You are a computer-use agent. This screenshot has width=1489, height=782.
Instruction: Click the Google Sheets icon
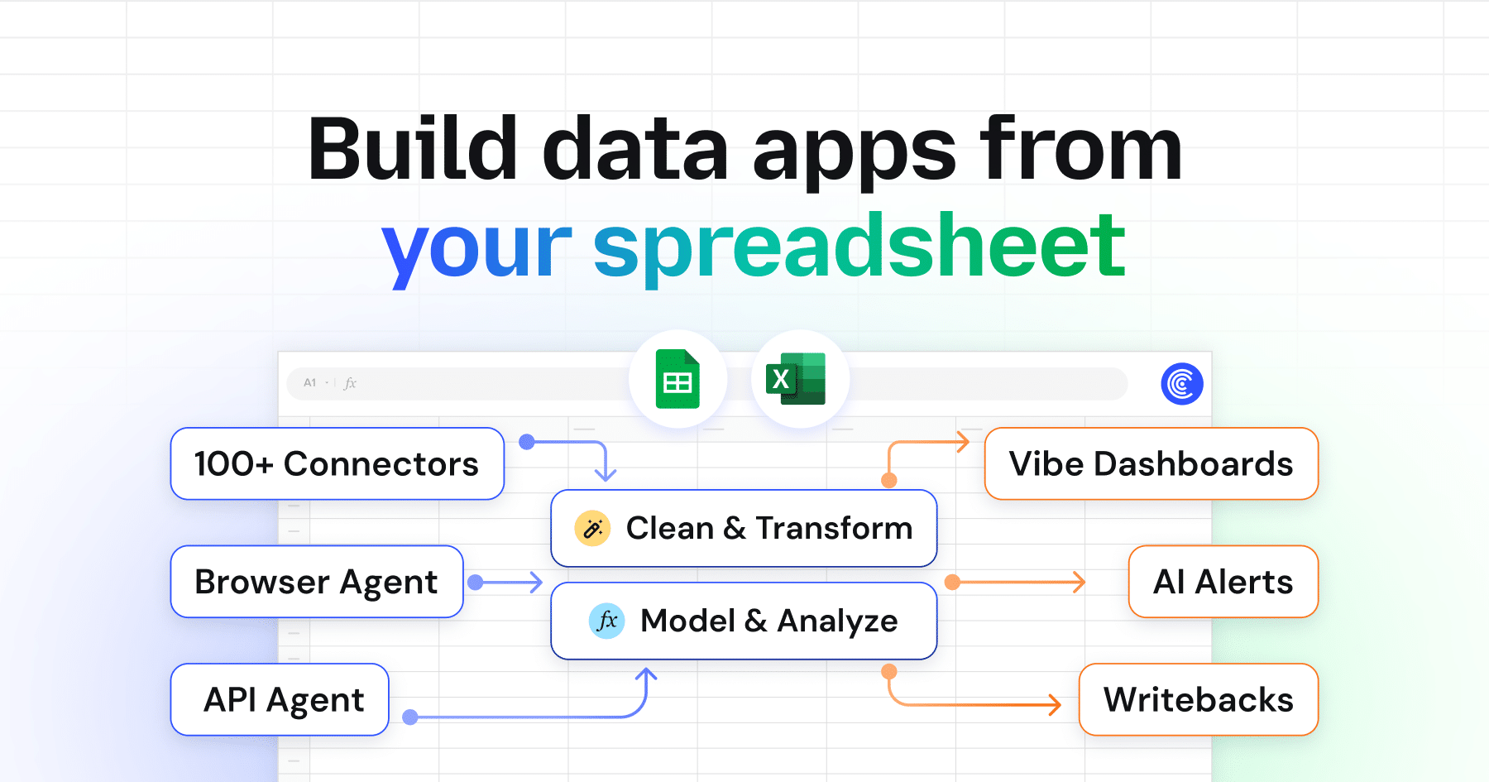(x=677, y=379)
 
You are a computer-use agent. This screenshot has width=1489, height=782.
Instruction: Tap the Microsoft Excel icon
(x=796, y=379)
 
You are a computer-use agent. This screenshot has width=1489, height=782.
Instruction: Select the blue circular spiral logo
(x=1182, y=383)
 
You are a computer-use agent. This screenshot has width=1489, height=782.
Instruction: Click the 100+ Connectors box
(x=338, y=463)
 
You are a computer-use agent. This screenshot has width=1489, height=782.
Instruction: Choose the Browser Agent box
(x=317, y=581)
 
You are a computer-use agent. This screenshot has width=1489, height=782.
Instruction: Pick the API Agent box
(x=280, y=699)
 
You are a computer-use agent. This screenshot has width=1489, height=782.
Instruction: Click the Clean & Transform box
(x=744, y=528)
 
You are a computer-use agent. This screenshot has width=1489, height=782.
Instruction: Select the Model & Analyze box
(x=744, y=621)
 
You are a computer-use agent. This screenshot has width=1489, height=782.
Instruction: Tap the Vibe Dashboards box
(x=1151, y=463)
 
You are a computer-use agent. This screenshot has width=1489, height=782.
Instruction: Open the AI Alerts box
(x=1223, y=581)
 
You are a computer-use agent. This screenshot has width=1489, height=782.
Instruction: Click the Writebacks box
(x=1199, y=699)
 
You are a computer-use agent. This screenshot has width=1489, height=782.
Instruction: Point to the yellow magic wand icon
(x=592, y=528)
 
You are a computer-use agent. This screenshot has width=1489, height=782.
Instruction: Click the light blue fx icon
(x=607, y=621)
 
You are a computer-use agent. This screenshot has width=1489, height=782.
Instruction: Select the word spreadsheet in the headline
(x=859, y=246)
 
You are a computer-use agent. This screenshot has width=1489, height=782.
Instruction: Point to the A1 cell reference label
(x=310, y=383)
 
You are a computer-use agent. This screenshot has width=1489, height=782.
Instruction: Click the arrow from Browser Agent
(x=505, y=583)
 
